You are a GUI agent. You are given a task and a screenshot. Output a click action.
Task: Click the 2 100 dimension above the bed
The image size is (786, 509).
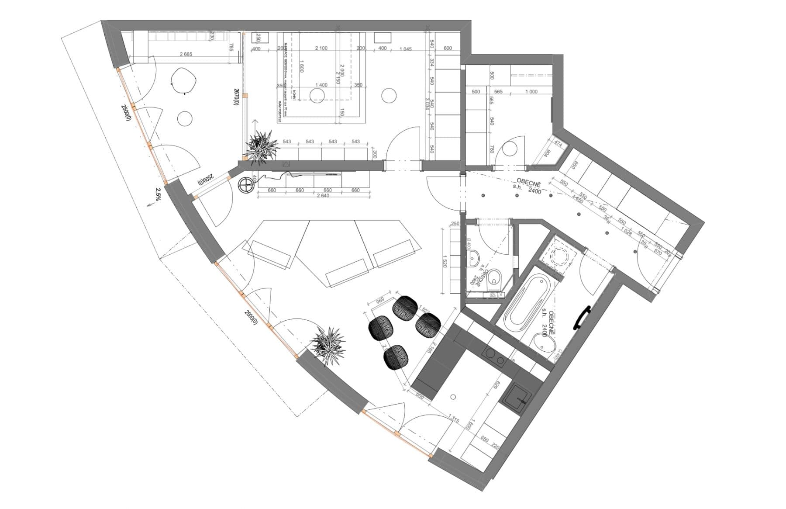(321, 48)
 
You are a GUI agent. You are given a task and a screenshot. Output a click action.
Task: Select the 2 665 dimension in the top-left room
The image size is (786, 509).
(185, 55)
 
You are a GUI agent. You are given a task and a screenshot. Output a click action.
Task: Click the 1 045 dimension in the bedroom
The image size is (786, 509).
(405, 48)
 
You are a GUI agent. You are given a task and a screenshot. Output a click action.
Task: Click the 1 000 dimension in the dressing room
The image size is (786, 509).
(531, 92)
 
